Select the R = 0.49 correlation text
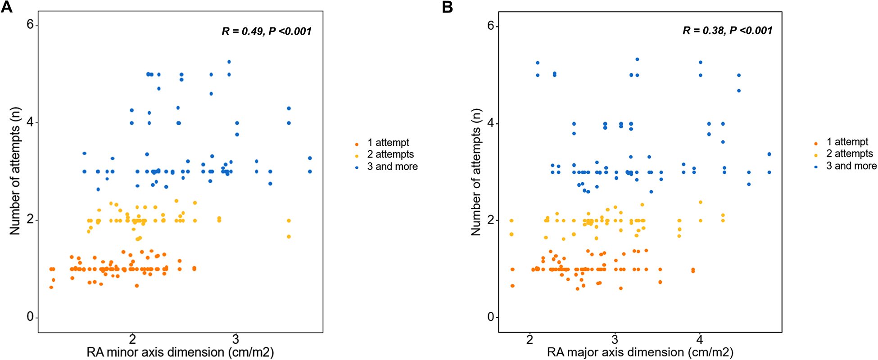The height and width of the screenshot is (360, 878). click(267, 31)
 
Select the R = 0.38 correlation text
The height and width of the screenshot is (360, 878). click(727, 31)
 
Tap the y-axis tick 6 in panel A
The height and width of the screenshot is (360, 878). click(31, 24)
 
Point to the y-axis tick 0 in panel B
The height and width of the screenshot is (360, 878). click(491, 317)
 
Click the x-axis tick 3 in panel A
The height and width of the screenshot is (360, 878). click(235, 339)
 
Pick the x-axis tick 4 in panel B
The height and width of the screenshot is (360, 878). click(700, 339)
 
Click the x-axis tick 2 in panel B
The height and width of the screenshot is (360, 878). click(530, 339)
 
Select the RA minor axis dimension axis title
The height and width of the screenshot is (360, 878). click(180, 352)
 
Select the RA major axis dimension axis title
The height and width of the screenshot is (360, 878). click(640, 352)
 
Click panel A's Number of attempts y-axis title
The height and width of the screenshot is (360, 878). click(15, 171)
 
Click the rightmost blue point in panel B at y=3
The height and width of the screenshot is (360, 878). click(769, 172)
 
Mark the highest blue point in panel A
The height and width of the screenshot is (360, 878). click(229, 62)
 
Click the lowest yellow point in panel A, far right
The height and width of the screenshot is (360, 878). click(289, 236)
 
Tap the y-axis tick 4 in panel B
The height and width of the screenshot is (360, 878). click(491, 123)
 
